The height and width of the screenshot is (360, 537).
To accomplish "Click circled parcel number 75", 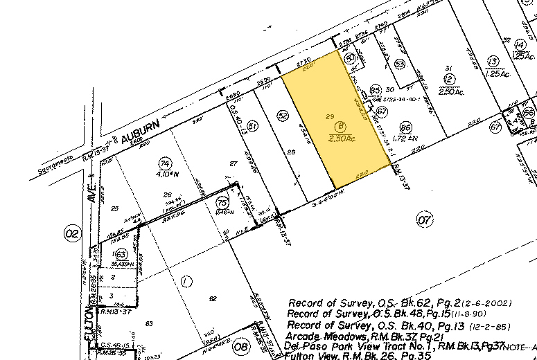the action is pos(222,202).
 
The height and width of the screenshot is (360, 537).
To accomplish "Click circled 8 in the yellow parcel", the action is pos(340,126).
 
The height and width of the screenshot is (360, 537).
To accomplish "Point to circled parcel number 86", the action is pos(406,127).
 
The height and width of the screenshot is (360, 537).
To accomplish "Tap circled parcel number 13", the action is pos(493,60).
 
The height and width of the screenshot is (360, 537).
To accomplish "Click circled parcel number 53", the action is pos(400,64).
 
